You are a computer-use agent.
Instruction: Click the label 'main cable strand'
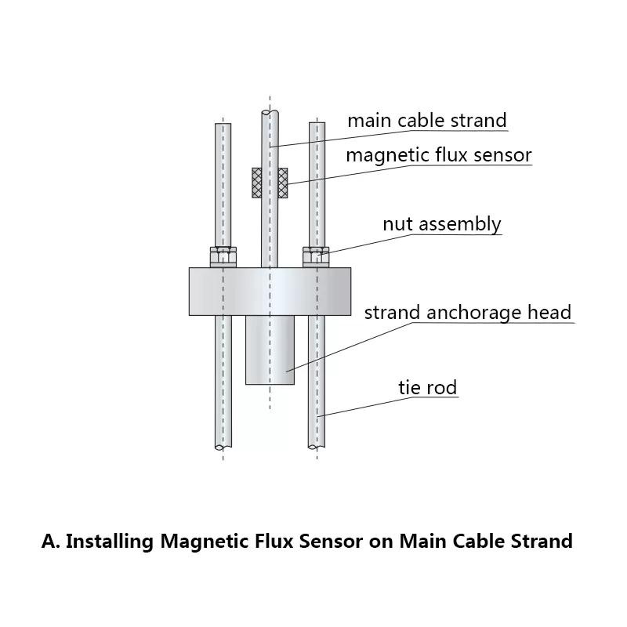pos(427,121)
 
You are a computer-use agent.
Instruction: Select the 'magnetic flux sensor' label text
pos(439,155)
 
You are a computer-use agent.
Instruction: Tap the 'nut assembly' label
pos(441,224)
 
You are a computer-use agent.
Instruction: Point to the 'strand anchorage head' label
pos(468,313)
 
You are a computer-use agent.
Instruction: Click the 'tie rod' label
pos(429,387)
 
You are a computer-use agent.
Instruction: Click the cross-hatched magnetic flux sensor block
pos(270,183)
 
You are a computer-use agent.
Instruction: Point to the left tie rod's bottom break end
pos(223,447)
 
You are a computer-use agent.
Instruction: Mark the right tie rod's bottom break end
pos(316,447)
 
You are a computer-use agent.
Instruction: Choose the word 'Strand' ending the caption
pos(541,541)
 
